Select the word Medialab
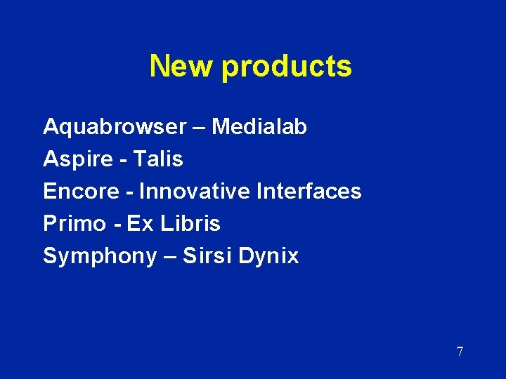(259, 127)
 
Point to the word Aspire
(77, 160)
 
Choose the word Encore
(78, 191)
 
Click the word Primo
(72, 224)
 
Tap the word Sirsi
(207, 256)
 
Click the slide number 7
(460, 352)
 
